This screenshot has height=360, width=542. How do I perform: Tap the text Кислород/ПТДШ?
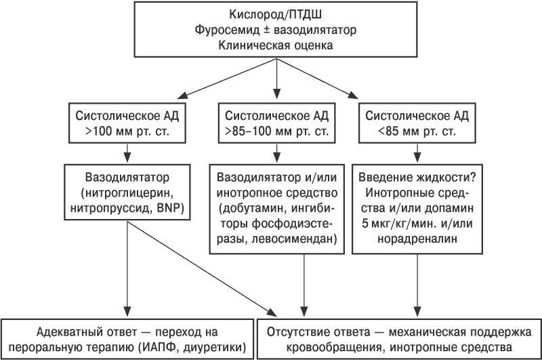pos(276,14)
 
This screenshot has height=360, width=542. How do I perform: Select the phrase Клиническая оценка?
pos(276,45)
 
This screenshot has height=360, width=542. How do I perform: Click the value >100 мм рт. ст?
pos(127,132)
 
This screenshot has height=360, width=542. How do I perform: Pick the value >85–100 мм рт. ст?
pos(276,132)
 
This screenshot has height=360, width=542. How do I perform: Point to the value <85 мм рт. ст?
pos(417,132)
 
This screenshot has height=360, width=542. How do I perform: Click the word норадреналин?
pos(417,239)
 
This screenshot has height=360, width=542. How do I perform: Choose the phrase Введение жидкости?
pos(417,178)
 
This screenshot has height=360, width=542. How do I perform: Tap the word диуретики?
pos(214,347)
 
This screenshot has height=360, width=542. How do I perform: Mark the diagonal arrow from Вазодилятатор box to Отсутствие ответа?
pos(202,268)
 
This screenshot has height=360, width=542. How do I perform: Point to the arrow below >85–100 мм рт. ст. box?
pos(276,153)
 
